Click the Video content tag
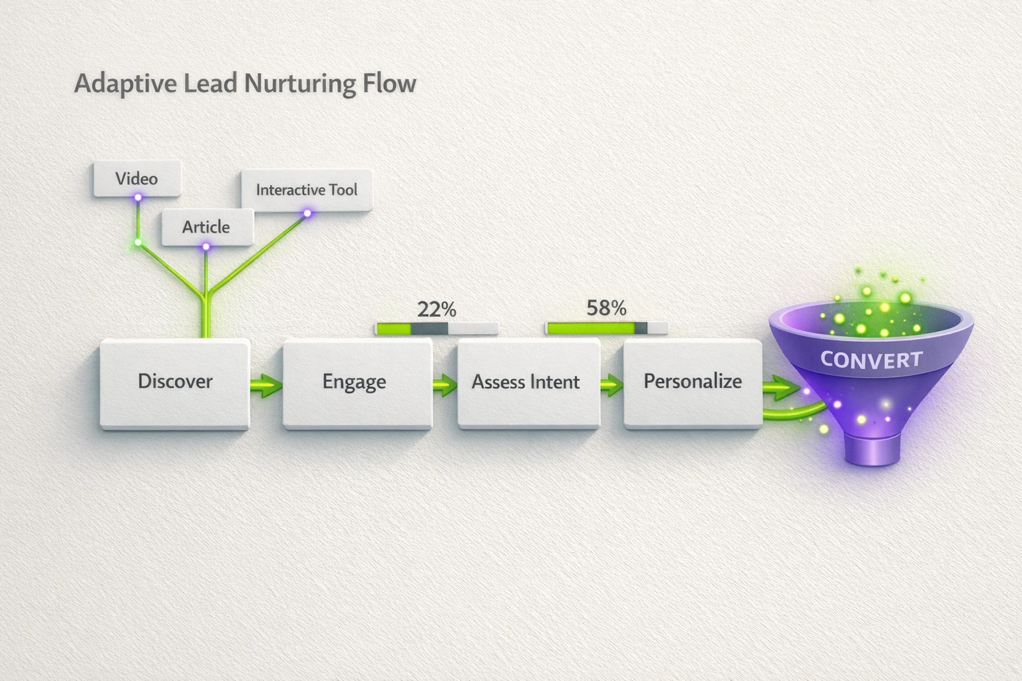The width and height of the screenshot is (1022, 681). pos(136,178)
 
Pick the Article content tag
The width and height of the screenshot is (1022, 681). pos(207,227)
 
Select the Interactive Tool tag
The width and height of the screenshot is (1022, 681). pos(306,190)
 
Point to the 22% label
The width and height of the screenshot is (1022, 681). pos(436,309)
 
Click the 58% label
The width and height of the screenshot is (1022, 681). pos(606,308)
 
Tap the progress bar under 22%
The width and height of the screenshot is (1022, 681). pos(436,329)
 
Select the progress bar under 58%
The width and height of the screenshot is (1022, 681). pos(606,328)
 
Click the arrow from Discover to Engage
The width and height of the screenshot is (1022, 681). pos(266,385)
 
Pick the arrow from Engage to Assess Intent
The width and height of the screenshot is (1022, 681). pos(444,385)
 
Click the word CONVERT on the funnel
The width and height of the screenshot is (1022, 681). pos(871,360)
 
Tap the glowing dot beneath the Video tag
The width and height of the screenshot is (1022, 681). pos(138,198)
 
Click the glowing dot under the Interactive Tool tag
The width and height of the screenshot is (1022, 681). pos(307,213)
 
